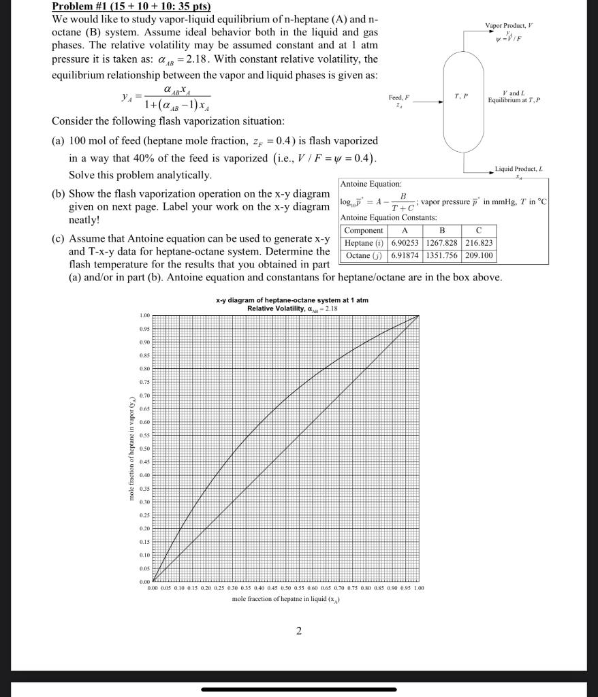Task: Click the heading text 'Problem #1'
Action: coord(80,7)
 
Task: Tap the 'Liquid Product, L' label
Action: coord(518,168)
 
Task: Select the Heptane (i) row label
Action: coord(363,243)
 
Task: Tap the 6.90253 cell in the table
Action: coord(405,243)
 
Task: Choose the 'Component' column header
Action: coord(363,231)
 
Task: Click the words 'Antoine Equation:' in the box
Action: coord(371,184)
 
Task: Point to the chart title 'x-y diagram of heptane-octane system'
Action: coord(292,300)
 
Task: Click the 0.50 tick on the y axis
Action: coord(144,449)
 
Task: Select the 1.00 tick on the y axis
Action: coord(144,315)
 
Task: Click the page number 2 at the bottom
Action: coord(298,631)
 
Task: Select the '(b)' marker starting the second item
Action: coord(59,194)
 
